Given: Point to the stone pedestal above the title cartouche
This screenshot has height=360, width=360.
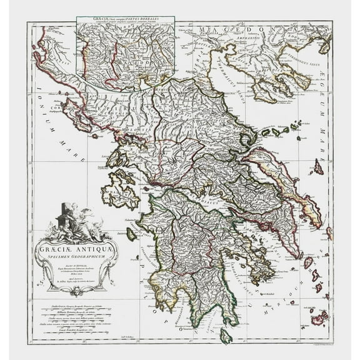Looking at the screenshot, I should pos(63,216).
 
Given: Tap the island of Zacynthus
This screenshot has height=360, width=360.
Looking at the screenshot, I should pos(131,233).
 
